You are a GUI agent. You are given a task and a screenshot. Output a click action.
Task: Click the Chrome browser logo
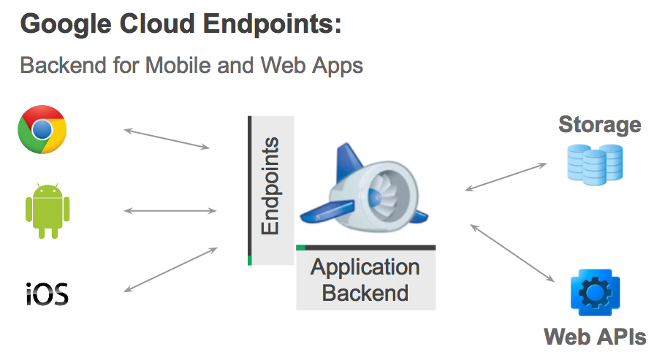(42, 129)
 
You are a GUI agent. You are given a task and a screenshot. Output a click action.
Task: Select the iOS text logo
(47, 294)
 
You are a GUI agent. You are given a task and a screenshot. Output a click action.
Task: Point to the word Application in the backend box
(365, 267)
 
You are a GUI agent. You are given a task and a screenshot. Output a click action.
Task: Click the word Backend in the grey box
(365, 294)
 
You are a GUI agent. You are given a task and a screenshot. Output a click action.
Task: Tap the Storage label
(599, 125)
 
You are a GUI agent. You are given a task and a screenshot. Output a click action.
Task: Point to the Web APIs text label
(595, 337)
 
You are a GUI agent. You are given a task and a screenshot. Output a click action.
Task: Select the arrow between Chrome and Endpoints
(167, 139)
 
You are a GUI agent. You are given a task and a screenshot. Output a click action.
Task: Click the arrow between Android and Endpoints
(170, 211)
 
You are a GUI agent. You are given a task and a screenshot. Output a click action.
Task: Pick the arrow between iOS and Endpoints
(170, 269)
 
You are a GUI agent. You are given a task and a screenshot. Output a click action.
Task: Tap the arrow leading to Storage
(506, 177)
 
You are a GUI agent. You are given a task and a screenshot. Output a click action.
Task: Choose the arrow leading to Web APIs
(512, 253)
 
